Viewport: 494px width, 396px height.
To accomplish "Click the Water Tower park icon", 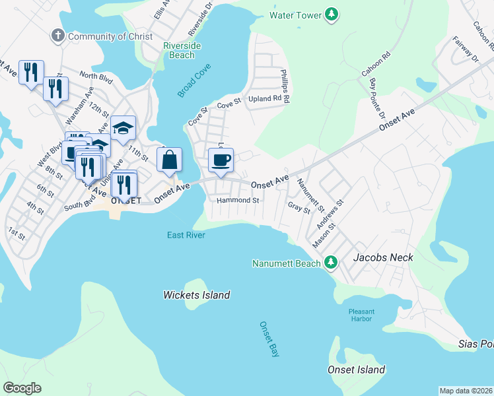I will [x=334, y=14].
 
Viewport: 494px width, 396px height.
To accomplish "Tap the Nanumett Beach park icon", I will [x=334, y=263].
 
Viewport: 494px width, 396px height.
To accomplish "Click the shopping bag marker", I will [x=169, y=160].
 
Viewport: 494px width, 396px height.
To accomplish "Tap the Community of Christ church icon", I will [x=58, y=36].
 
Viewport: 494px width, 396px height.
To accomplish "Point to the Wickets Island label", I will [x=197, y=295].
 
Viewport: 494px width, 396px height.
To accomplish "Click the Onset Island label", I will [x=357, y=370].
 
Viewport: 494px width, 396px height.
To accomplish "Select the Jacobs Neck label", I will [x=383, y=257].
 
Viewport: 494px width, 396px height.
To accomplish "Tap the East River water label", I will [x=186, y=235].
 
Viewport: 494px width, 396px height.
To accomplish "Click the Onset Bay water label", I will [x=269, y=339].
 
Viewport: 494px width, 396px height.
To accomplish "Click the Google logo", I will [x=22, y=388].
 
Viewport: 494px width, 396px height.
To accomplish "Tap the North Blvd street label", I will [x=96, y=76].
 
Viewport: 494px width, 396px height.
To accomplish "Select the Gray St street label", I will [x=299, y=207].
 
